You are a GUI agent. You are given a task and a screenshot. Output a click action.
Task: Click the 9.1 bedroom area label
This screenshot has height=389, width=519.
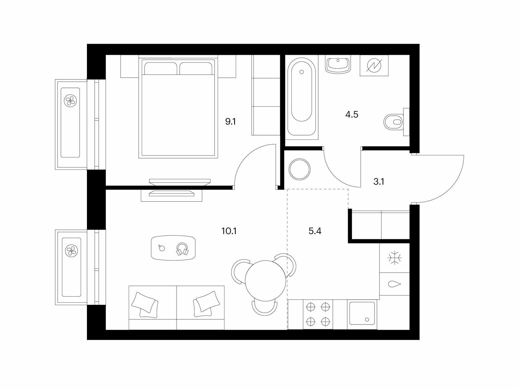[230, 122]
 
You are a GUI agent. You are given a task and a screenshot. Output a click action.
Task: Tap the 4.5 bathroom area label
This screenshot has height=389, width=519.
[352, 115]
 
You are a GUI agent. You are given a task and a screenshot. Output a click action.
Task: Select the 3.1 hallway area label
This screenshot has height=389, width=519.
[379, 182]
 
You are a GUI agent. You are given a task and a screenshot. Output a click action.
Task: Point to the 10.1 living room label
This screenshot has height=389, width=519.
[229, 231]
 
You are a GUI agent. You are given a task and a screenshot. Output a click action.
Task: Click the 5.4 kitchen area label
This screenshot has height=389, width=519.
[315, 231]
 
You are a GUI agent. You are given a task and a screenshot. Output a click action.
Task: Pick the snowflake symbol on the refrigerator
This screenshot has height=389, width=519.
[395, 258]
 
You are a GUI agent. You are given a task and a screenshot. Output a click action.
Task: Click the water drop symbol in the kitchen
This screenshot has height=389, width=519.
[394, 284]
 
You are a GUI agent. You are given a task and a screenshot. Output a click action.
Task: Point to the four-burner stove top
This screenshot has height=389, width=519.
[318, 314]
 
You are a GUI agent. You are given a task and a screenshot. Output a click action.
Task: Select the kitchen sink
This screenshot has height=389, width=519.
[362, 314]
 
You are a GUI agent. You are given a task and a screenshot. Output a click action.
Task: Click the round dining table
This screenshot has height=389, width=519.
[266, 280]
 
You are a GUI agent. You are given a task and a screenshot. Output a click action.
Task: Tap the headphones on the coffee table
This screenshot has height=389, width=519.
[182, 249]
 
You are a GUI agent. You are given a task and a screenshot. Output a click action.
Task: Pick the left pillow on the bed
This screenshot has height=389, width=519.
[161, 68]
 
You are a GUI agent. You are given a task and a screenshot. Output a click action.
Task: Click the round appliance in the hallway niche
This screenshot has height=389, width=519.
[299, 169]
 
